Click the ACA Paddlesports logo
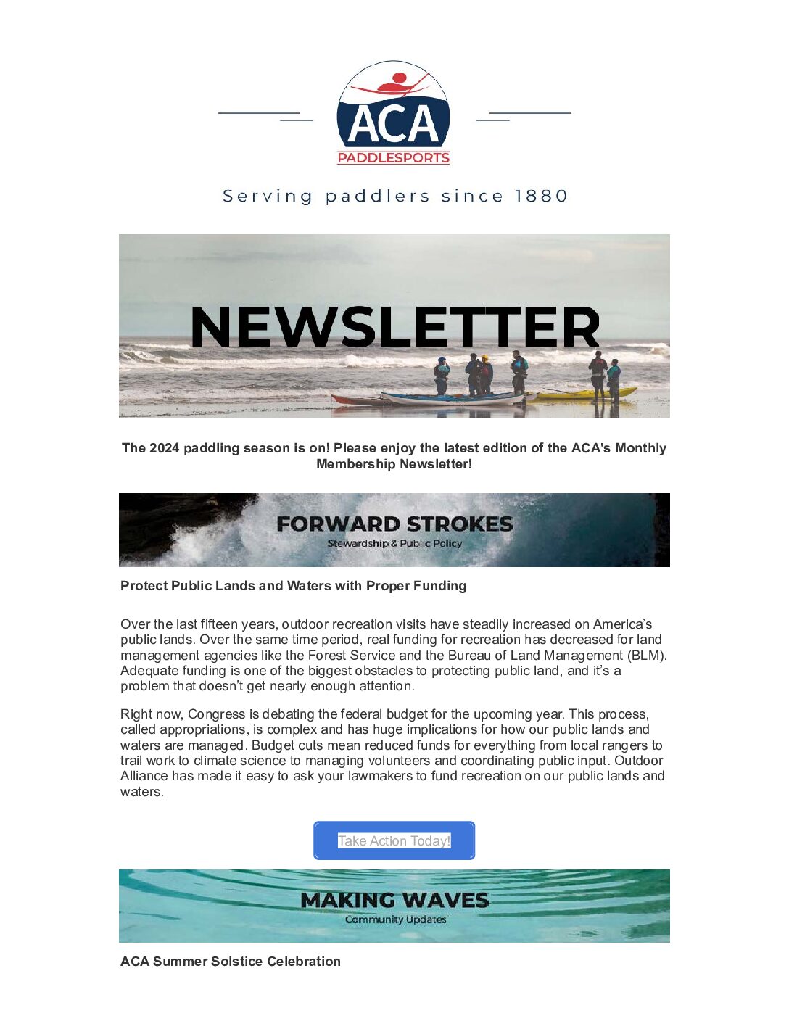[393, 113]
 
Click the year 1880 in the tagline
[541, 197]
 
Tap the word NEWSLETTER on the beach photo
[394, 327]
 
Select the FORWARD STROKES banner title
[394, 524]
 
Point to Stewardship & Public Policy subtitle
[394, 543]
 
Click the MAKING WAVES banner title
[394, 900]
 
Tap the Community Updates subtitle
[395, 919]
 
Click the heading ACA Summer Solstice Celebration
[231, 962]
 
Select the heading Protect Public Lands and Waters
[293, 586]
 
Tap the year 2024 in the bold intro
[165, 448]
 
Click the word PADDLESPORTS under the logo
[393, 158]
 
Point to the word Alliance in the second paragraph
[144, 776]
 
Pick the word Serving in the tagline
[267, 197]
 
